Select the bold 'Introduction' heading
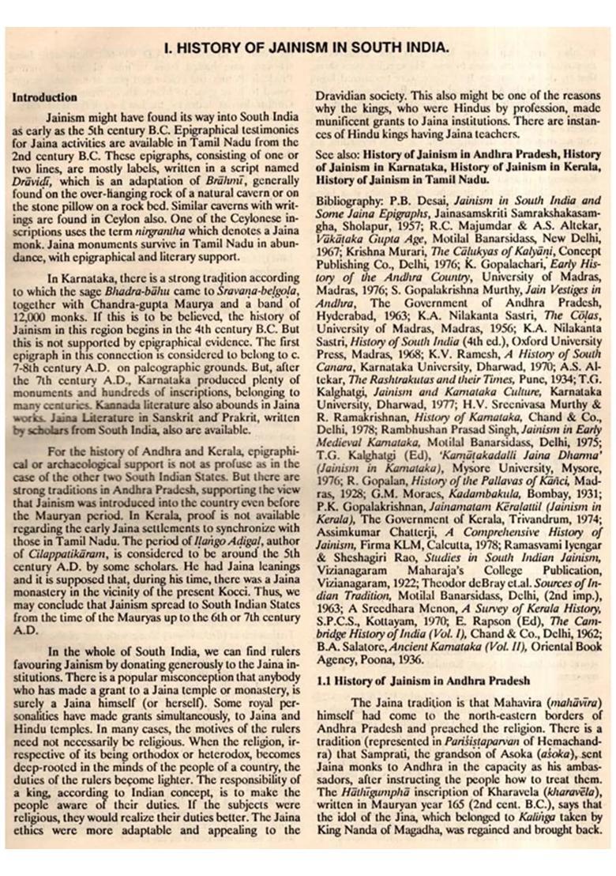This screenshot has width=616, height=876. tap(44, 98)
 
